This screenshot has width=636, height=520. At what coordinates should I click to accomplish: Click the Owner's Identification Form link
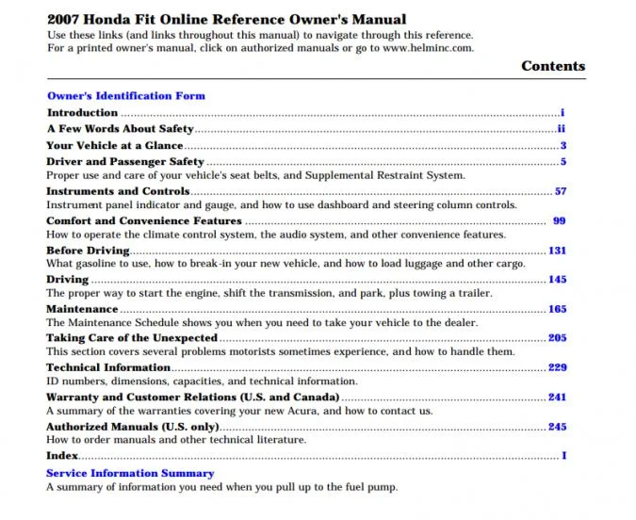tap(125, 95)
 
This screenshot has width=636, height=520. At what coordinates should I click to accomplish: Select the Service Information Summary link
tap(130, 473)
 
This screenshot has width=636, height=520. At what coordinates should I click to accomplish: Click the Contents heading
tap(552, 66)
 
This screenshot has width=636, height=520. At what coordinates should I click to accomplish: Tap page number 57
tap(560, 191)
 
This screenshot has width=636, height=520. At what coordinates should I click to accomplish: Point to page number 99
tap(559, 220)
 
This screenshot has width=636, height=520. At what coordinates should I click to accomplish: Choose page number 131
tap(557, 251)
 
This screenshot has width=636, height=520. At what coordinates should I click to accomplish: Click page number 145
tap(557, 280)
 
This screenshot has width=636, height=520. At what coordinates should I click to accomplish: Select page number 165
tap(557, 309)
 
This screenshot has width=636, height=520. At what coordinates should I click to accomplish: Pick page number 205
tap(557, 338)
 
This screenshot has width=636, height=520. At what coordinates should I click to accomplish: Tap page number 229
tap(557, 367)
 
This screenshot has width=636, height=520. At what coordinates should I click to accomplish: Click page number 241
tap(557, 397)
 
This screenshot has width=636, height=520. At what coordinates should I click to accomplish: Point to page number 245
tap(557, 427)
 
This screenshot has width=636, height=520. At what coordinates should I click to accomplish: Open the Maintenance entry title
tap(82, 309)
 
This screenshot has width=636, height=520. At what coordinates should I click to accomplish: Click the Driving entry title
tap(67, 280)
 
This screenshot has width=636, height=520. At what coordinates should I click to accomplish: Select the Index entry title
tap(61, 456)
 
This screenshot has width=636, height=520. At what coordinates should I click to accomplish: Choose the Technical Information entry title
tap(108, 367)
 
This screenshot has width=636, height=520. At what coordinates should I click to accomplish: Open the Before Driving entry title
tap(88, 251)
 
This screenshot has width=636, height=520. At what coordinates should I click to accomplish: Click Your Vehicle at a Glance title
tap(114, 146)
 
